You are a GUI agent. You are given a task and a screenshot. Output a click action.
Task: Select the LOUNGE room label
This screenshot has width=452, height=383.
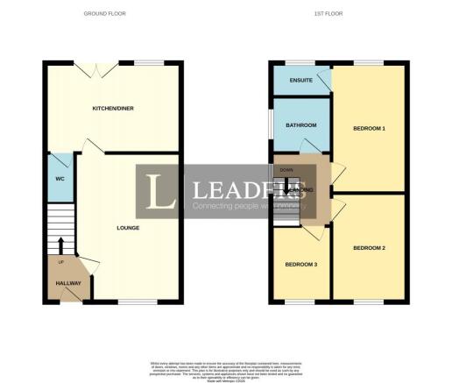click(x=128, y=228)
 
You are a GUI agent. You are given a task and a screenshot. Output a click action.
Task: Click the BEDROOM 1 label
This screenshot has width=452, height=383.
click(x=369, y=129)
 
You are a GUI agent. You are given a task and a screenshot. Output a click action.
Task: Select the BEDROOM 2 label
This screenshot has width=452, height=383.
click(x=369, y=248)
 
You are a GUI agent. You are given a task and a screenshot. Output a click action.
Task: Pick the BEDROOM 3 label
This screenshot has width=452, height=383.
click(x=300, y=264)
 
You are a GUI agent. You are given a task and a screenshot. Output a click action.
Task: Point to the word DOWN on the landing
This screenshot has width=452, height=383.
click(x=286, y=169)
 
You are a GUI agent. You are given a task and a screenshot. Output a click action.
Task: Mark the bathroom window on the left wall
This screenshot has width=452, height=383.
click(x=272, y=125)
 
